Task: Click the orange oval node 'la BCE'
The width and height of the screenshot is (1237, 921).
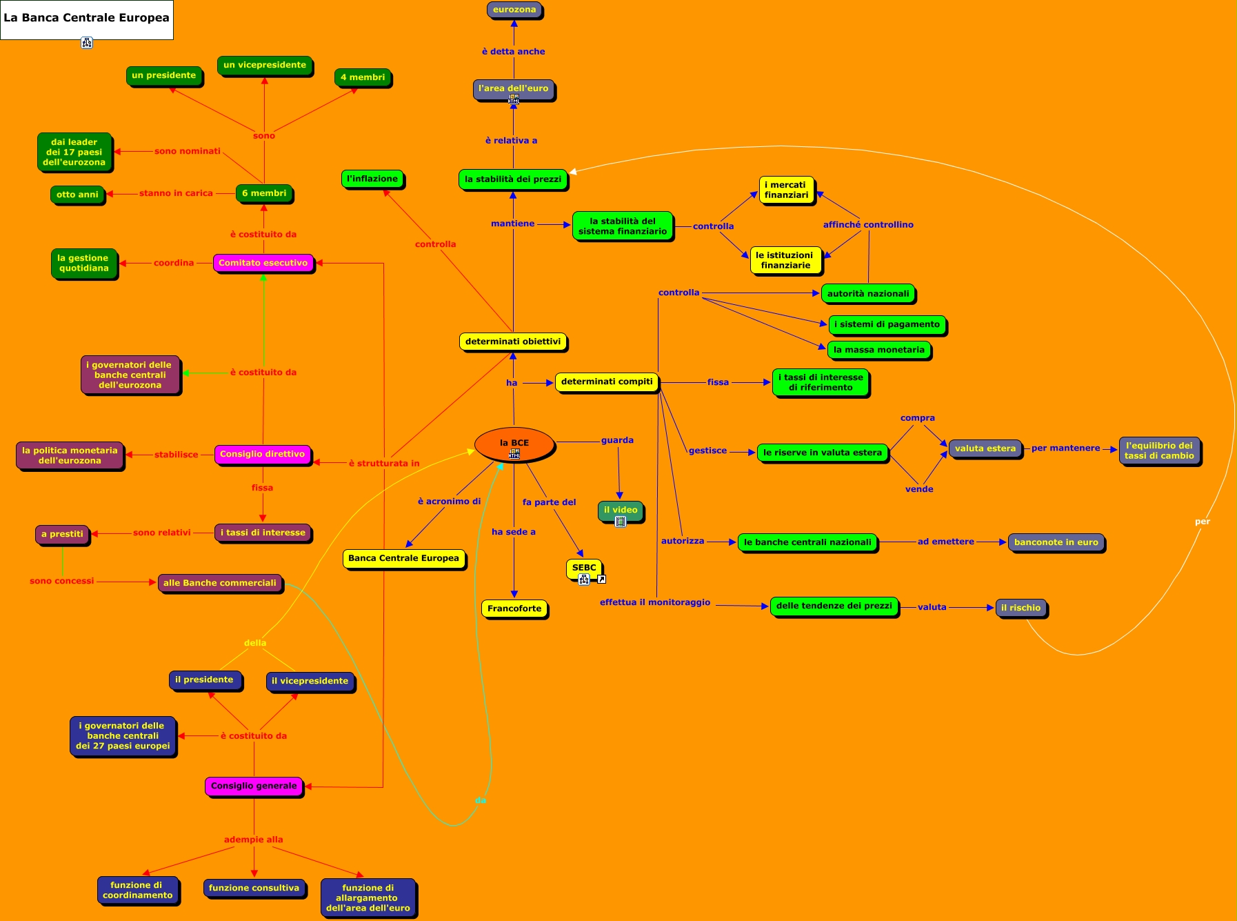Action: tap(514, 444)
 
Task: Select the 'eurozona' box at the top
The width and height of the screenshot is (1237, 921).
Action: tap(514, 10)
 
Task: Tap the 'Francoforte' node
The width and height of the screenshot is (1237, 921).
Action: tap(514, 608)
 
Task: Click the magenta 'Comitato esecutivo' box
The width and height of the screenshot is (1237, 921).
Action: tap(263, 263)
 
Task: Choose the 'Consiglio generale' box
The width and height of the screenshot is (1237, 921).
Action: tap(254, 786)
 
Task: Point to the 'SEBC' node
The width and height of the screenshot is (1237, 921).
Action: tap(584, 568)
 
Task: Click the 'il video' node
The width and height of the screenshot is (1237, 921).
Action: tap(621, 511)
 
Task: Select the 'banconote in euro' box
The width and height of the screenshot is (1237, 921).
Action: tap(1056, 542)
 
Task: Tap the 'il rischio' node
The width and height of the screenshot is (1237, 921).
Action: tap(1020, 608)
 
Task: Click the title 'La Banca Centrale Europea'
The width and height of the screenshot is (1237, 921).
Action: tap(86, 18)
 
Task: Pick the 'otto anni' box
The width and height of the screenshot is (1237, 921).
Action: tap(77, 195)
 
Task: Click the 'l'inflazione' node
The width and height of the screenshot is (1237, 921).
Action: tap(372, 179)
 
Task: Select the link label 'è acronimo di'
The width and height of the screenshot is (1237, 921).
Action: tap(449, 502)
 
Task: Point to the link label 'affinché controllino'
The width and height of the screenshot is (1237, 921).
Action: tap(868, 225)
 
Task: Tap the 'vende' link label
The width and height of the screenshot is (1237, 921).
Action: tap(919, 489)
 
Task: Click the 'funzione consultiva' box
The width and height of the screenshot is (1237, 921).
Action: tap(254, 888)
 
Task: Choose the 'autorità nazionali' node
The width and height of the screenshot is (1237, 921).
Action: tap(868, 294)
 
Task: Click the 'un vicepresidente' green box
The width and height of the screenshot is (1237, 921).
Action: tap(265, 65)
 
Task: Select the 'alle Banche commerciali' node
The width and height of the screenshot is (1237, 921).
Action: tap(220, 583)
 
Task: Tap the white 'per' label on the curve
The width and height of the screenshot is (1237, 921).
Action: tap(1203, 522)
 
